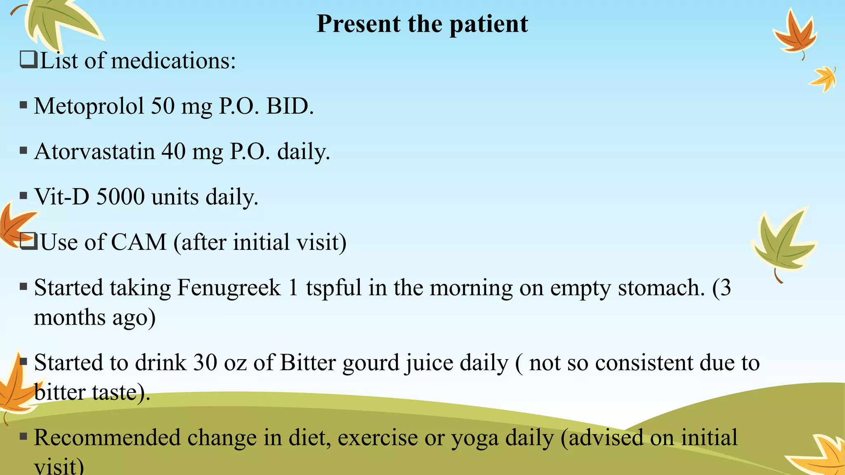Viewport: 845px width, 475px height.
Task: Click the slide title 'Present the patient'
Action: point(422,24)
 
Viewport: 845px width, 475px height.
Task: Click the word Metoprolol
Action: point(89,106)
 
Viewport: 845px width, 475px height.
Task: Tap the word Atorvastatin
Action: point(94,151)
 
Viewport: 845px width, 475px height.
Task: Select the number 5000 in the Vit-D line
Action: point(120,197)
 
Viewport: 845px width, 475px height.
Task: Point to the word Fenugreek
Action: point(229,287)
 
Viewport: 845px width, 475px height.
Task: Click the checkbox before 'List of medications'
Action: point(28,60)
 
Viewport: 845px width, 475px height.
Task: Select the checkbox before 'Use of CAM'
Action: point(28,242)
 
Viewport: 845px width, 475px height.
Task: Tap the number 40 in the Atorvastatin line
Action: point(173,151)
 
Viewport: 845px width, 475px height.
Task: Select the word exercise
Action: point(378,438)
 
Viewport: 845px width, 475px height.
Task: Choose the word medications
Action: point(173,61)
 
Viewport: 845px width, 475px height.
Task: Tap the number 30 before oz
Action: point(205,363)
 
